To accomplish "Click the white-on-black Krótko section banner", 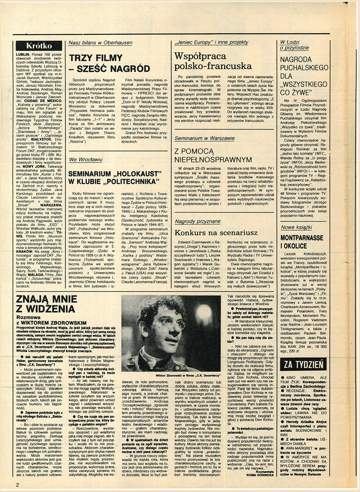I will tap(39, 45).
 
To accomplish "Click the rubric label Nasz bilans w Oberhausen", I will tap(100, 43).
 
